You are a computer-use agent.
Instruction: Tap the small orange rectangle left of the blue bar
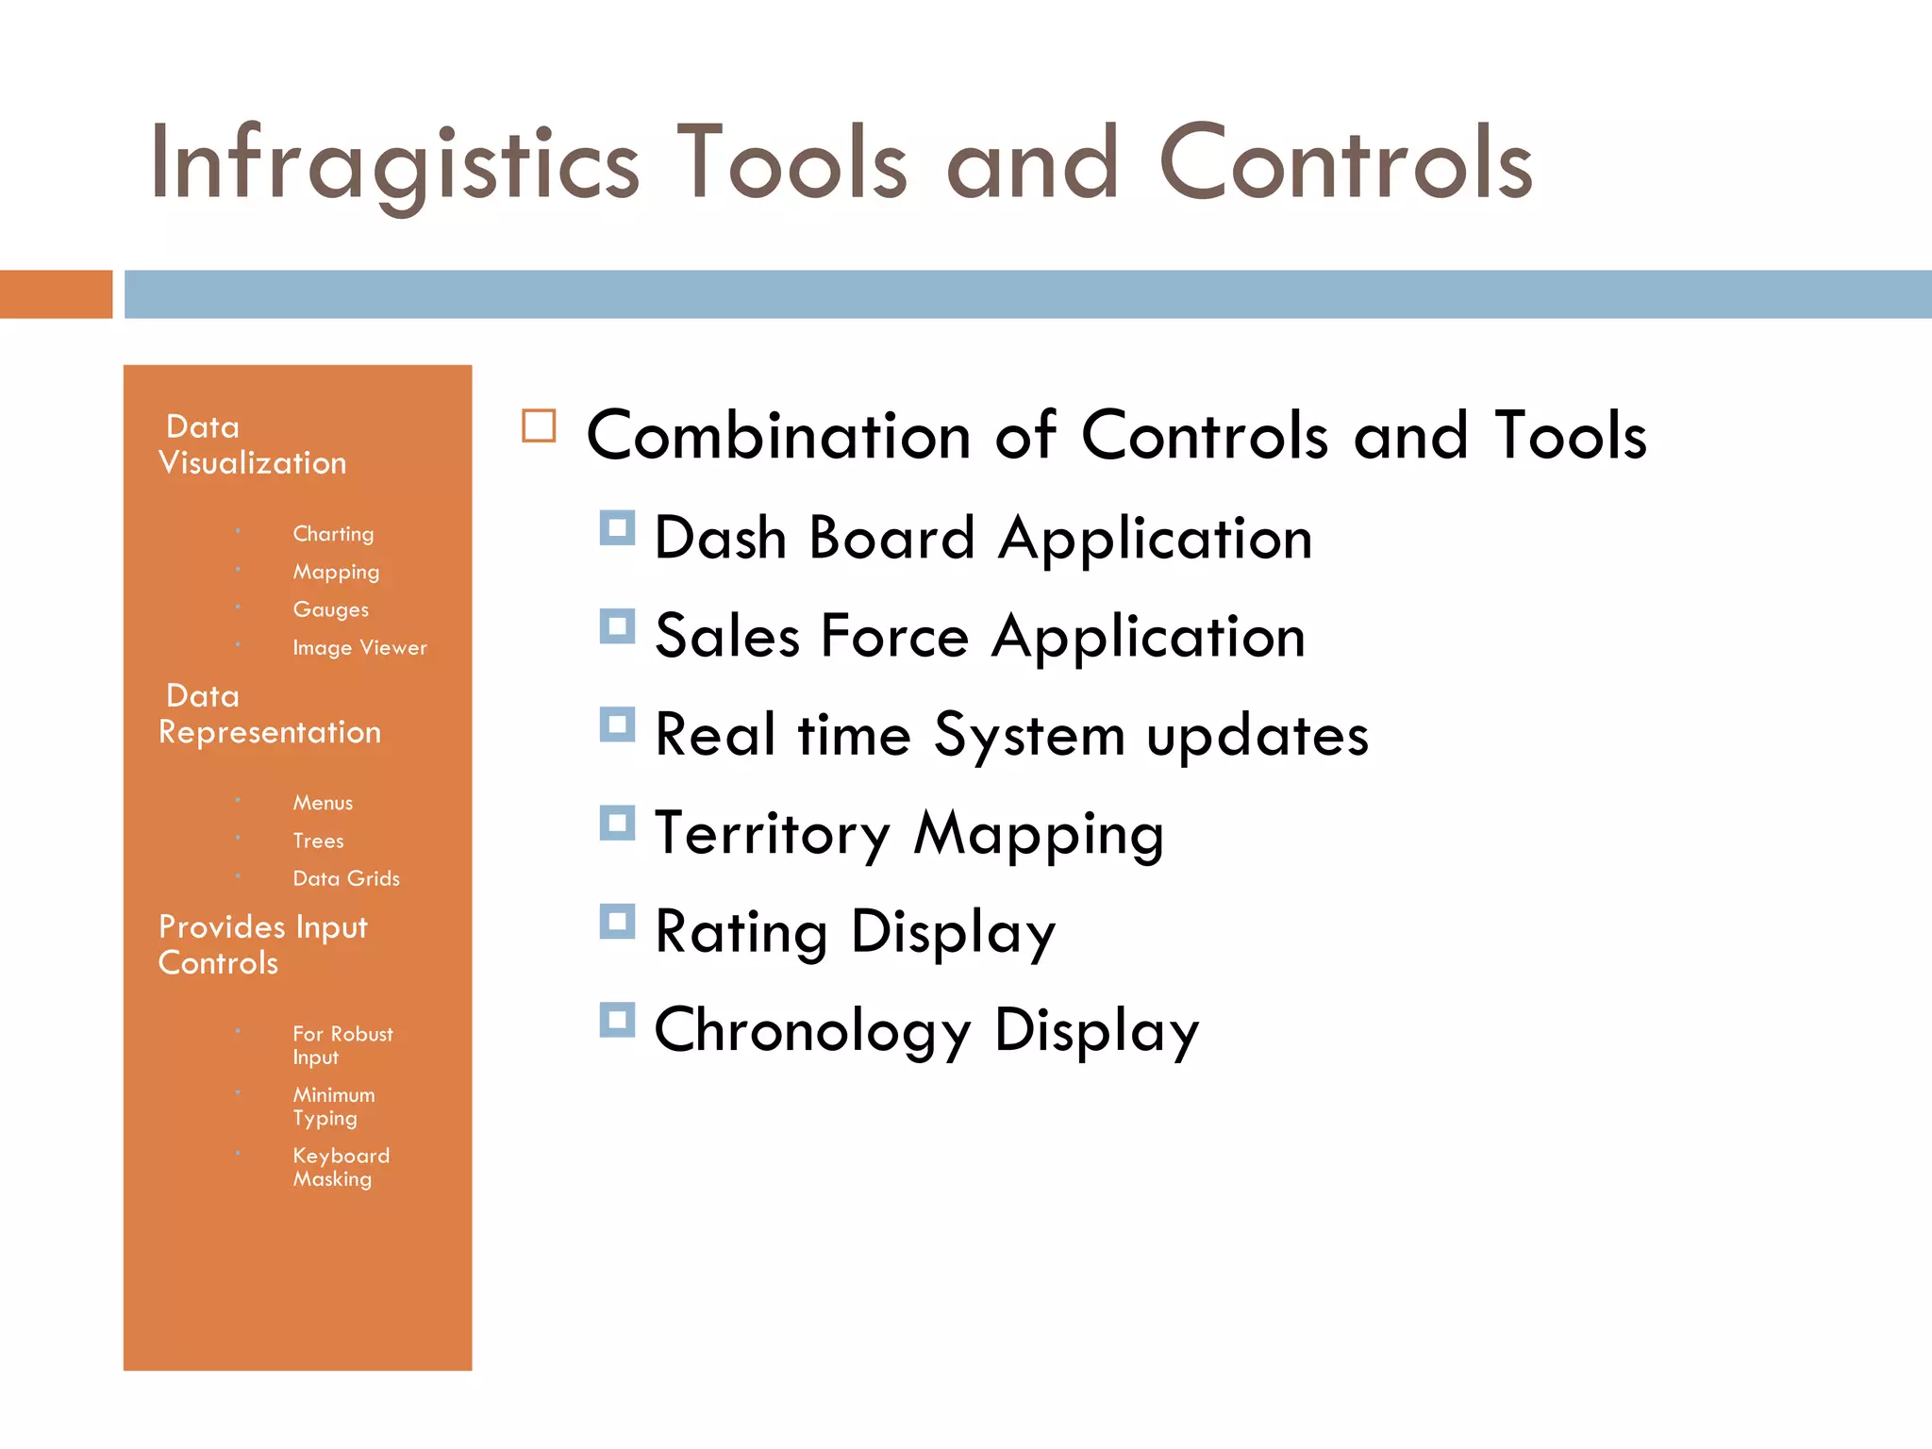point(56,294)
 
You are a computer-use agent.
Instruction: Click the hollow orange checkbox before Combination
point(539,426)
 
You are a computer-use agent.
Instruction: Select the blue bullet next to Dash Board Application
point(617,528)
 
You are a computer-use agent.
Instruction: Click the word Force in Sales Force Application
point(894,636)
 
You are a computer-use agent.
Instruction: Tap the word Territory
point(772,834)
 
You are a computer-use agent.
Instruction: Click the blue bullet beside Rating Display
point(617,922)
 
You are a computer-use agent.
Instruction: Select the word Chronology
point(811,1030)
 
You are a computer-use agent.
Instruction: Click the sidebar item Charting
point(333,534)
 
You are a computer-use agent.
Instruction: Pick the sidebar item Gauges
point(330,609)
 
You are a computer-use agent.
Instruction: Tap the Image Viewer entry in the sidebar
point(359,648)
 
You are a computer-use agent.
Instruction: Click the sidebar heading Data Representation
point(269,714)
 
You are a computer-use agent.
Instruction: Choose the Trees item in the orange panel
point(318,841)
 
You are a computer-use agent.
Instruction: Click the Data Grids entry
point(346,878)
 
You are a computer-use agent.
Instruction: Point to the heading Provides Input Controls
point(262,944)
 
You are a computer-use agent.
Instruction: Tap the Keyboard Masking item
point(341,1167)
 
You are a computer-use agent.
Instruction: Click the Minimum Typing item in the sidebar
point(333,1106)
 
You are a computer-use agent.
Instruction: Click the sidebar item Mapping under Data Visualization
point(336,572)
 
